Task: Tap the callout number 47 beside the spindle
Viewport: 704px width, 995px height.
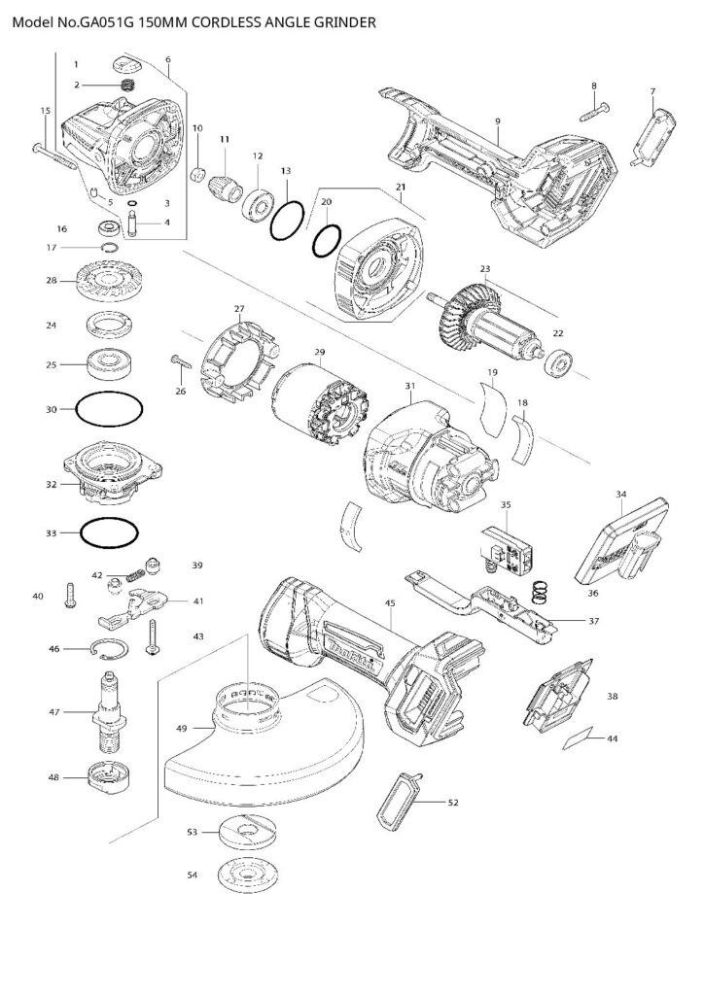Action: point(55,712)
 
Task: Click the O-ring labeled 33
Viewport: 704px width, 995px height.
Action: point(107,532)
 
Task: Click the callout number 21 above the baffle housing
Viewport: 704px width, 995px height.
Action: point(400,186)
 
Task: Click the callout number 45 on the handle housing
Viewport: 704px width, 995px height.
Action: point(389,603)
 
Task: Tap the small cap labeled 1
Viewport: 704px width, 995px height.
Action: point(127,66)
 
